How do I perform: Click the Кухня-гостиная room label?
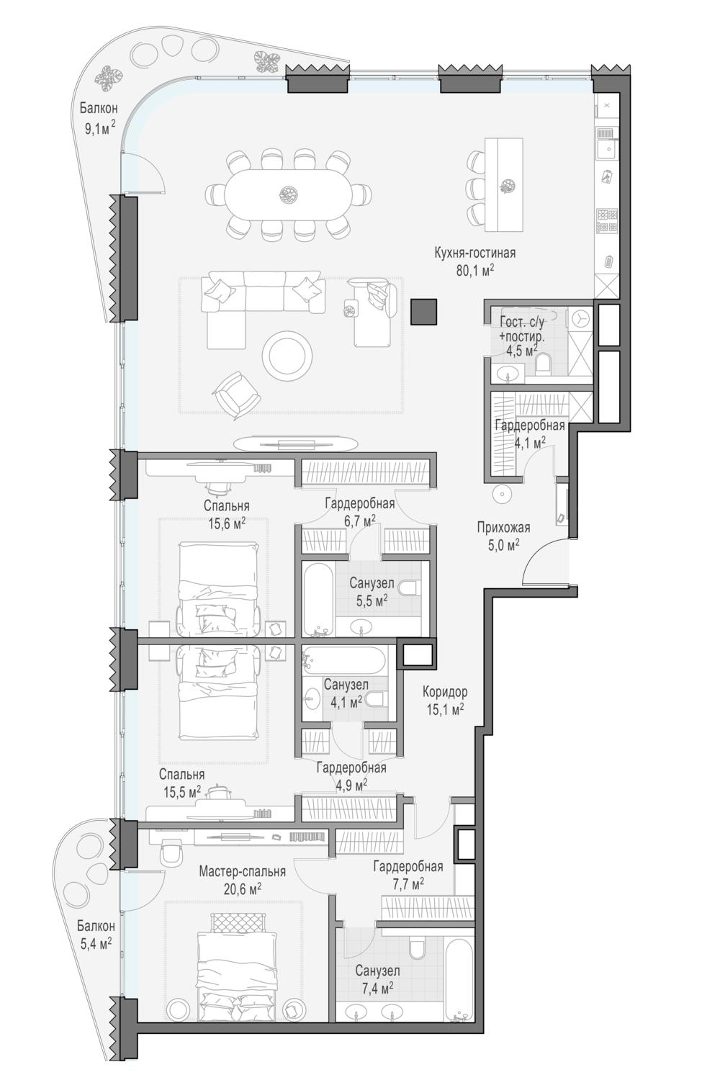pyautogui.click(x=475, y=253)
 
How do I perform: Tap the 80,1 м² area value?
pyautogui.click(x=475, y=271)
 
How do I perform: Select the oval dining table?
pyautogui.click(x=288, y=194)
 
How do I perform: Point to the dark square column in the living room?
pyautogui.click(x=424, y=312)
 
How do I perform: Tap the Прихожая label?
pyautogui.click(x=503, y=528)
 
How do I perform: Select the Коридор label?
pyautogui.click(x=445, y=693)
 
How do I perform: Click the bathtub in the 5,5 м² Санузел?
pyautogui.click(x=318, y=598)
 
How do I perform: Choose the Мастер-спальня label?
pyautogui.click(x=243, y=872)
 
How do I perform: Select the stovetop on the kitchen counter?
pyautogui.click(x=607, y=221)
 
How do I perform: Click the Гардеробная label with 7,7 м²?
pyautogui.click(x=408, y=866)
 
